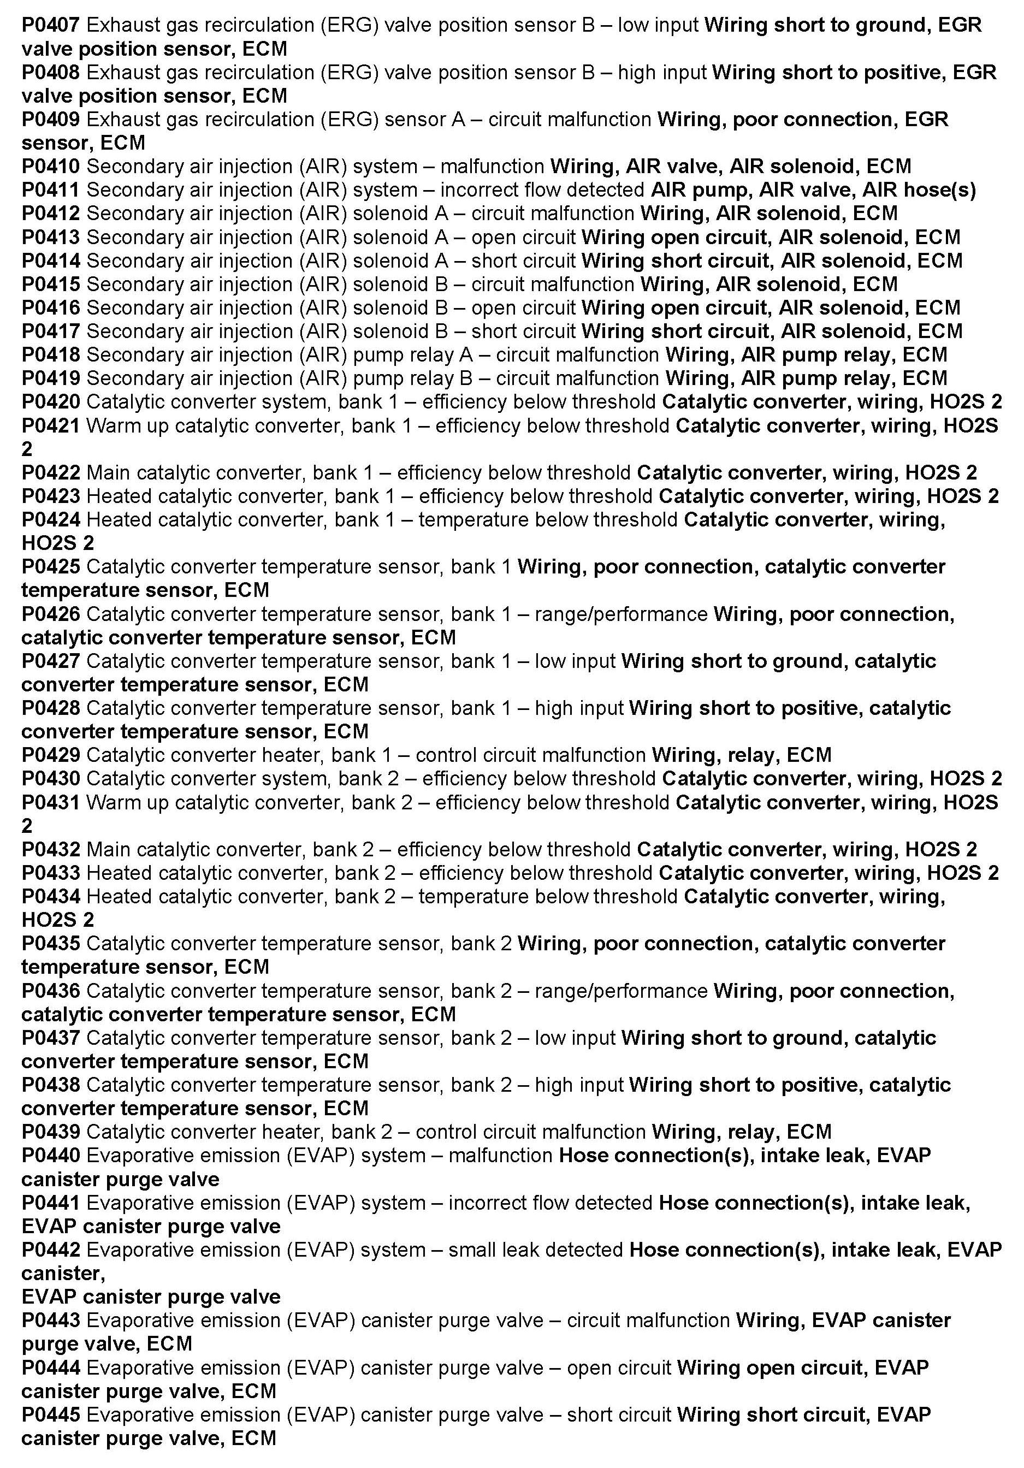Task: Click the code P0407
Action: pyautogui.click(x=50, y=25)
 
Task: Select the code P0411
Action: pyautogui.click(x=50, y=190)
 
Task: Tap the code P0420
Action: pyautogui.click(x=50, y=401)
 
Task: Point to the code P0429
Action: pyautogui.click(x=50, y=755)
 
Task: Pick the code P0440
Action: pyautogui.click(x=50, y=1156)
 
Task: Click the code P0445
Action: pyautogui.click(x=50, y=1415)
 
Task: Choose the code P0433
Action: pyautogui.click(x=50, y=873)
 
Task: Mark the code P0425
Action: pyautogui.click(x=50, y=566)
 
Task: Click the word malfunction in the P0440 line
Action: pyautogui.click(x=500, y=1156)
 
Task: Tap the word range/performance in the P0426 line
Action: pyautogui.click(x=620, y=614)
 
